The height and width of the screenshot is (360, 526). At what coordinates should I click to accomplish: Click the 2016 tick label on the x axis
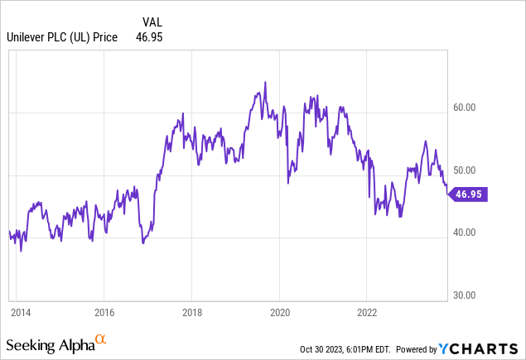104,312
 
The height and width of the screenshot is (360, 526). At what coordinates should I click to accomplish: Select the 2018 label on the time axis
191,312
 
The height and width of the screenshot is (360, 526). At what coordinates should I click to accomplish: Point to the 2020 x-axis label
279,312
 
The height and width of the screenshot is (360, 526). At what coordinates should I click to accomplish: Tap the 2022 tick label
367,312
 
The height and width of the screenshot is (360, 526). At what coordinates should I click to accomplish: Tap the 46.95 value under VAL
148,37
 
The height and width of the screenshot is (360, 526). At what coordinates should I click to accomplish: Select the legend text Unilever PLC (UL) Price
62,37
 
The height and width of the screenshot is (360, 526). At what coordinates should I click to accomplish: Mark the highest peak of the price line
265,82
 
